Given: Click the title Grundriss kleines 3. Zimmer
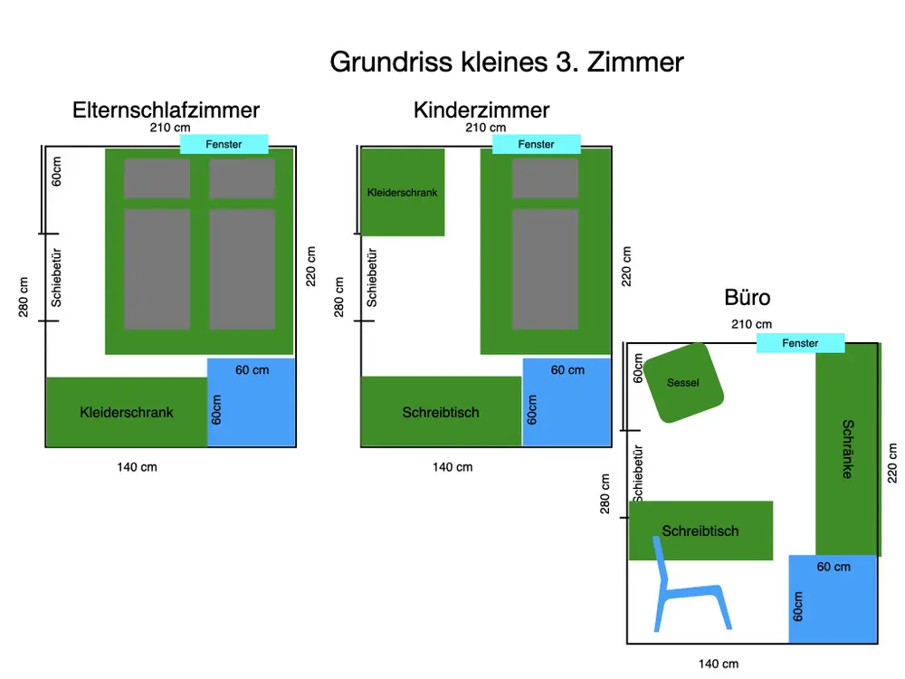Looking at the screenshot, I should (x=507, y=62).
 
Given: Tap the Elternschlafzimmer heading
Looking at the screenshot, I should (x=166, y=110).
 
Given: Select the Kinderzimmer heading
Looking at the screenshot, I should (x=481, y=110).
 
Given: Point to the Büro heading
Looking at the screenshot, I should (x=748, y=298).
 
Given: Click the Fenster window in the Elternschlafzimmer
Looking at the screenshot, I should (x=224, y=144).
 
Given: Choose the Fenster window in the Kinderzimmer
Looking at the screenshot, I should (x=536, y=144).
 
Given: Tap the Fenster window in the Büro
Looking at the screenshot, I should (x=800, y=343).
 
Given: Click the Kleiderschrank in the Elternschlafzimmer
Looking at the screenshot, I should (x=127, y=413).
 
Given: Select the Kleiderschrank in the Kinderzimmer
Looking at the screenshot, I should (x=403, y=193).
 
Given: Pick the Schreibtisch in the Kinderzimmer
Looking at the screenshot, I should (x=441, y=413).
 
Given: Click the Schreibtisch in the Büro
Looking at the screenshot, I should (x=700, y=531).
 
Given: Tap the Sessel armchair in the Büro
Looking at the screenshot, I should (x=683, y=383).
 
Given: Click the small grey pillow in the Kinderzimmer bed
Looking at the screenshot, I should (x=545, y=178).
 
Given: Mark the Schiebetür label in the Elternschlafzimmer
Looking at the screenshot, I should (x=56, y=277).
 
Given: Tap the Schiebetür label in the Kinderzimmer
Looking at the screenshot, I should (x=371, y=277).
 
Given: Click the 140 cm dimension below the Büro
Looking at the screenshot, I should (x=719, y=664).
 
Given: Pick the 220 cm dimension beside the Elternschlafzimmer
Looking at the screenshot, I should (x=311, y=266).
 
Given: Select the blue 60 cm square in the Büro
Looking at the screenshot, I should (x=833, y=598).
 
